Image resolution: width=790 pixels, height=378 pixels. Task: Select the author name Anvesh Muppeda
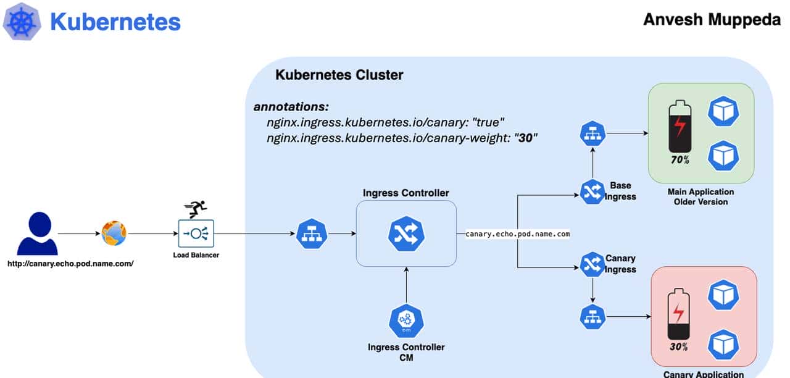[712, 19]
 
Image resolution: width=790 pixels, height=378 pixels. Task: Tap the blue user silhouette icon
[37, 233]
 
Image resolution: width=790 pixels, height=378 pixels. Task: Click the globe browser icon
[114, 233]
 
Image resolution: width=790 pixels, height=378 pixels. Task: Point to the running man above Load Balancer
[196, 209]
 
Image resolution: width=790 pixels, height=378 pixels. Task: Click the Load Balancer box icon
[196, 233]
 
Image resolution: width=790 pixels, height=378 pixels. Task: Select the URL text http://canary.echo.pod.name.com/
[70, 264]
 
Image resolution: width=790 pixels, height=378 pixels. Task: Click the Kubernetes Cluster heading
[339, 75]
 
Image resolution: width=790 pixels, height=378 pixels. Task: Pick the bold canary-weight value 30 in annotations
[525, 138]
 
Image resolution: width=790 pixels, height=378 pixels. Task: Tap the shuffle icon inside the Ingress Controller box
[406, 233]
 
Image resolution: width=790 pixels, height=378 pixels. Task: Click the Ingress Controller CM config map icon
[406, 321]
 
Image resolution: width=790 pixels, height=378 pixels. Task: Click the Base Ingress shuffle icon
[592, 191]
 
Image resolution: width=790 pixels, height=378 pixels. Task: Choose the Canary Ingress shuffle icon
[592, 264]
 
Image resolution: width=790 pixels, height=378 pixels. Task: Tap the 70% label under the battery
[680, 160]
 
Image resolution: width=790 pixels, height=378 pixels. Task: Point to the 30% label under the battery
[678, 346]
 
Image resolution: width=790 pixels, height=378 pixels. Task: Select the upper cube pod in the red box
[723, 295]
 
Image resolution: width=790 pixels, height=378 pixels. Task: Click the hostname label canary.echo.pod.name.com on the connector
[517, 234]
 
